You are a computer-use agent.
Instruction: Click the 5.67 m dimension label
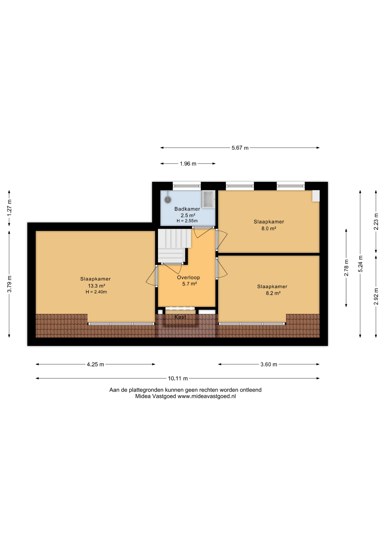pos(240,148)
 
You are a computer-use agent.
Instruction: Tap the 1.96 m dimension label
pos(188,164)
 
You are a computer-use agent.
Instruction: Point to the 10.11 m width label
pos(178,378)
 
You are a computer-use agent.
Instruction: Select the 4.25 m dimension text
pos(95,364)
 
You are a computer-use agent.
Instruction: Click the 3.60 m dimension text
pos(269,364)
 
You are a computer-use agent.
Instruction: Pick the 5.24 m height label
pos(360,264)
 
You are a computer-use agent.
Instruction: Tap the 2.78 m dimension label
pos(346,268)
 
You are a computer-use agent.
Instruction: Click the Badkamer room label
pos(187,209)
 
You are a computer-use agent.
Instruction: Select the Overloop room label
pos(189,278)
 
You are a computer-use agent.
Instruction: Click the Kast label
pos(180,317)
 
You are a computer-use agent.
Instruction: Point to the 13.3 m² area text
pos(96,286)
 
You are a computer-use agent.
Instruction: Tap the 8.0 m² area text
pos(269,229)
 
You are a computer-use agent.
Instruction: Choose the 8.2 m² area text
pos(273,293)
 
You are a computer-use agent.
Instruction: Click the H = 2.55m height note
pos(187,221)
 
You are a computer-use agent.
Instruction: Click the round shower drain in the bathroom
pos(168,200)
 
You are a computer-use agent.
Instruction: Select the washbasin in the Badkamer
pos(208,199)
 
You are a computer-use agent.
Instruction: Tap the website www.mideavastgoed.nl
pos(207,396)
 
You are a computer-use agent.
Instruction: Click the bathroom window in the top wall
pos(187,186)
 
